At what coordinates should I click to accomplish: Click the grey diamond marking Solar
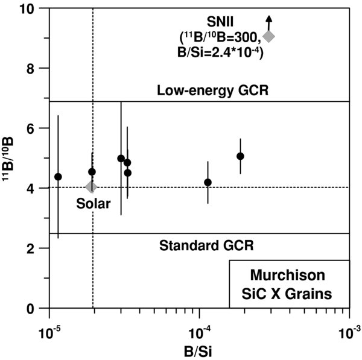tap(92, 187)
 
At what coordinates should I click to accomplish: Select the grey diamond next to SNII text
tap(269, 37)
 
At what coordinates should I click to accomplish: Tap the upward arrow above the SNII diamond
tap(269, 22)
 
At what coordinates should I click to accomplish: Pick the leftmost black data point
tap(58, 177)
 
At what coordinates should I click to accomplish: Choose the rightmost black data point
tap(240, 156)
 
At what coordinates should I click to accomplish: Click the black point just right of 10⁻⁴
tap(208, 182)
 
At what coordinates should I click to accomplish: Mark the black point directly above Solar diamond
tap(92, 172)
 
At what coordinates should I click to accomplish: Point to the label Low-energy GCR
tap(212, 91)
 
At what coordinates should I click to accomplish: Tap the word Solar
tap(94, 204)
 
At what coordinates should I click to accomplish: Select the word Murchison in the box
tap(289, 279)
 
